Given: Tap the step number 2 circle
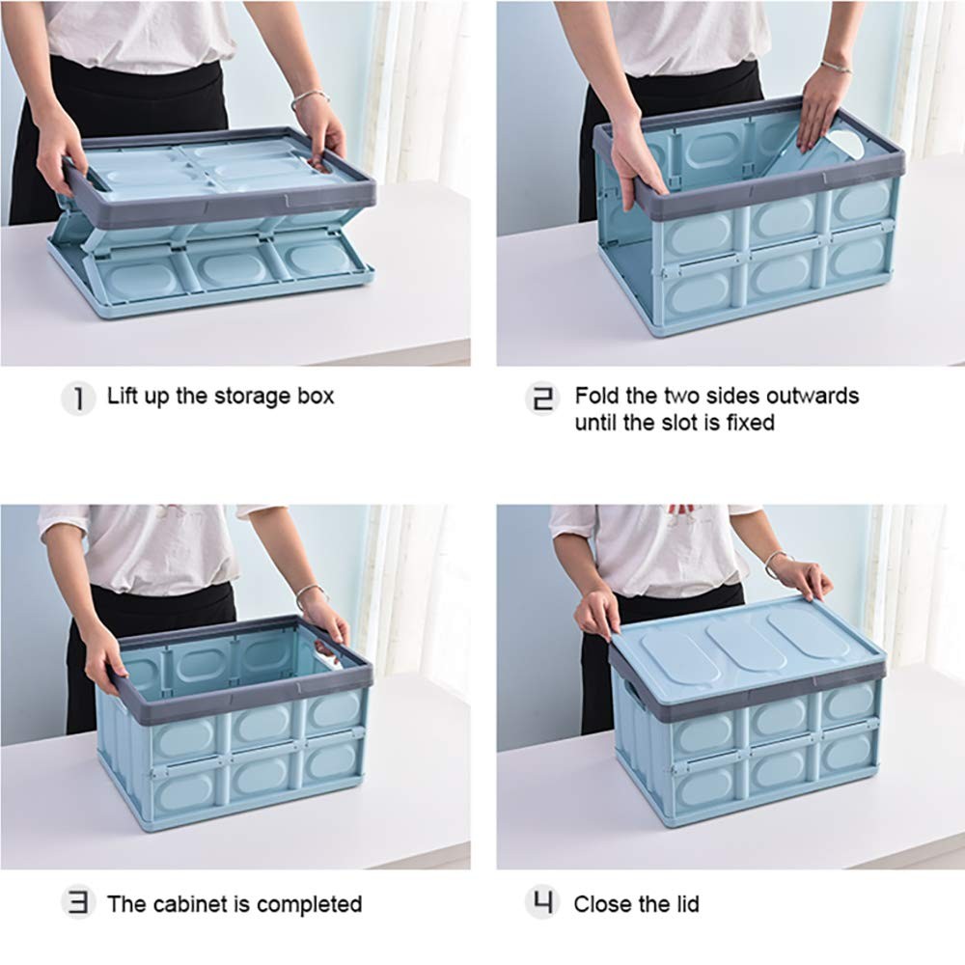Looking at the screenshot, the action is (542, 399).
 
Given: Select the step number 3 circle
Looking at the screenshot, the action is (78, 903).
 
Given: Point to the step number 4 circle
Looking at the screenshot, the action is (542, 903).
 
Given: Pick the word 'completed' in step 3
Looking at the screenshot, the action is (309, 905).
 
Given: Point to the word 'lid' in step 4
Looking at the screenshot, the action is (687, 904).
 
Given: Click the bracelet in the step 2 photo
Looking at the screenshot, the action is (836, 66).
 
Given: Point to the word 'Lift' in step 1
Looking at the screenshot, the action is (123, 396).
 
